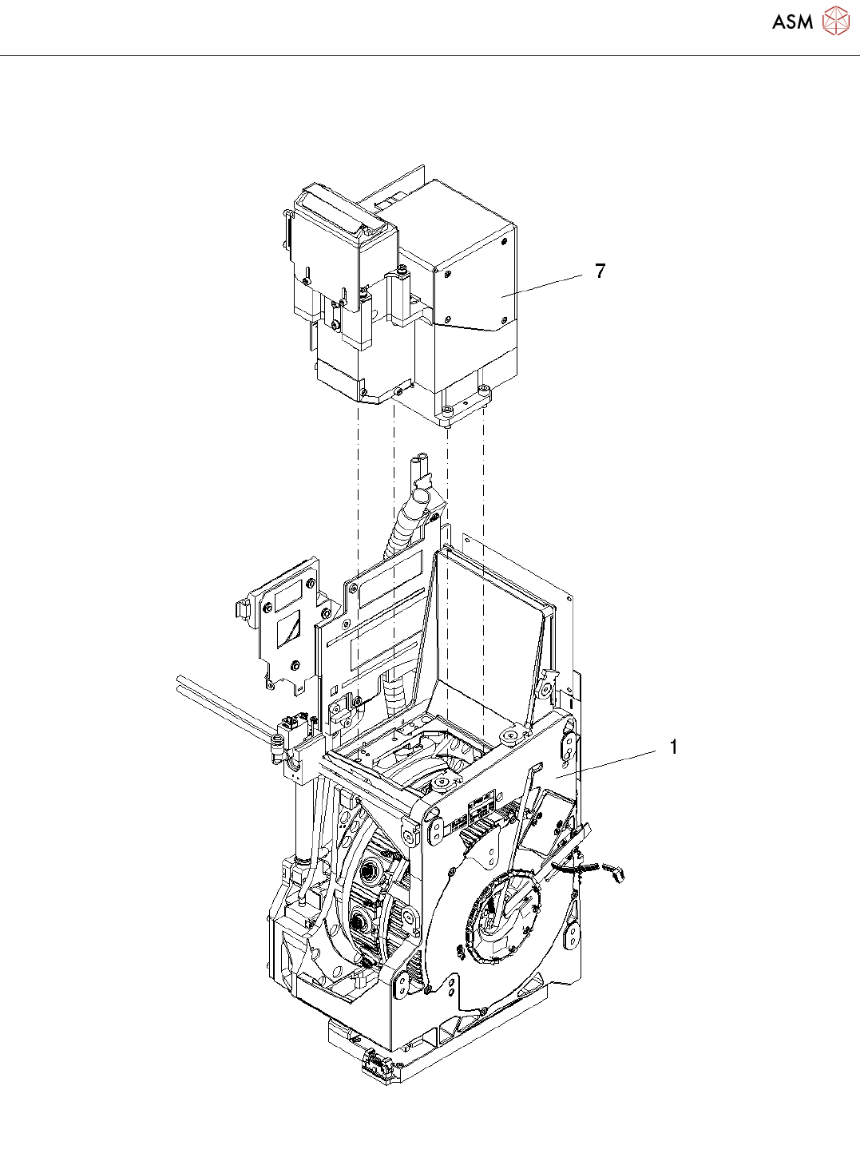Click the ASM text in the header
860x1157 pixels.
(x=792, y=22)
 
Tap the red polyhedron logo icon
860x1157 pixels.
(x=835, y=22)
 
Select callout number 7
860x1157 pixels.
(x=600, y=271)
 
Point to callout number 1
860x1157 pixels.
(x=673, y=747)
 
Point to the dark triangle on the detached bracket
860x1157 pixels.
(x=287, y=632)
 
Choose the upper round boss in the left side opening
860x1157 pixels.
(x=369, y=869)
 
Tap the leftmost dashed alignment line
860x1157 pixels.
(x=359, y=559)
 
